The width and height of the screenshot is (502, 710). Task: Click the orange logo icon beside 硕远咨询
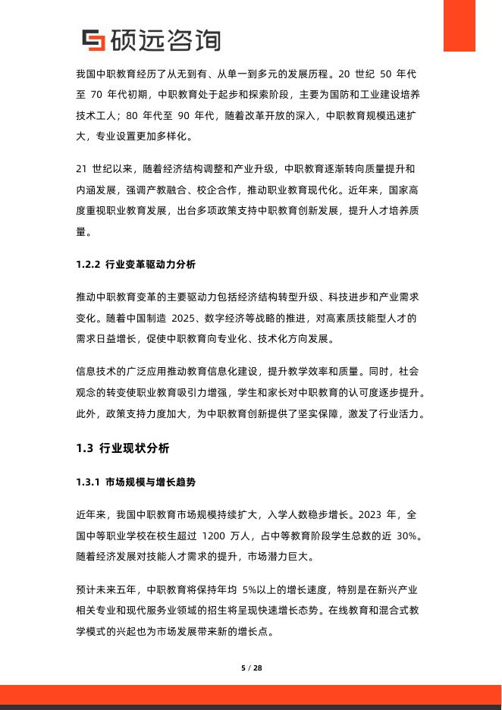pyautogui.click(x=94, y=40)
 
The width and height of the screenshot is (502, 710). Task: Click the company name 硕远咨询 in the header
pyautogui.click(x=165, y=40)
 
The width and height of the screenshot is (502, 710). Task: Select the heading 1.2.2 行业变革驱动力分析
pyautogui.click(x=136, y=265)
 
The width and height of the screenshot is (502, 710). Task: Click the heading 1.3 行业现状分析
pyautogui.click(x=123, y=448)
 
